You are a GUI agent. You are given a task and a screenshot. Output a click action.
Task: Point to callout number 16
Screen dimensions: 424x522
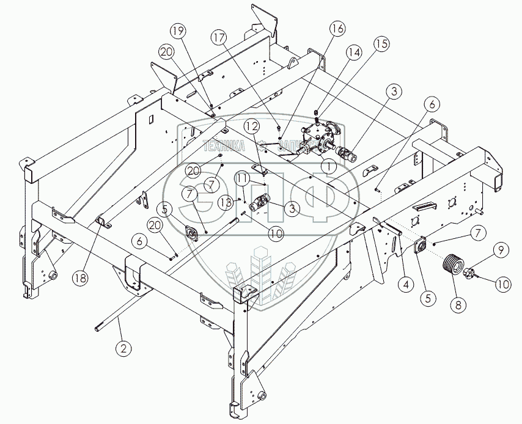tap(338, 28)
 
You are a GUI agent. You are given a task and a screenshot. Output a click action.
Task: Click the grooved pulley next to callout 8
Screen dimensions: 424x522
tap(453, 265)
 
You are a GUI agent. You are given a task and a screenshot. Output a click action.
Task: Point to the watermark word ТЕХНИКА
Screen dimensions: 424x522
tap(224, 145)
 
